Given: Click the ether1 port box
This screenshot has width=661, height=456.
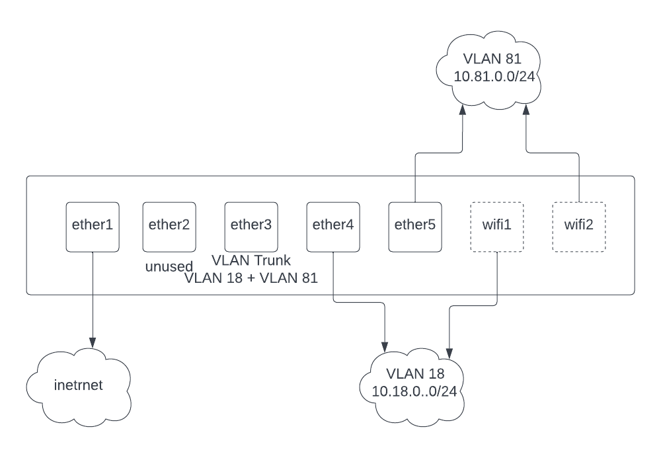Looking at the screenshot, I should coord(93,227).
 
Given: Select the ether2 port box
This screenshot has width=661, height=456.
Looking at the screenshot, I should coord(169,227).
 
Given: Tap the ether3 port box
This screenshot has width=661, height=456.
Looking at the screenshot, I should coord(251,227).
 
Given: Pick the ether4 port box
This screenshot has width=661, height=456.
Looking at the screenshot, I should coord(333,227).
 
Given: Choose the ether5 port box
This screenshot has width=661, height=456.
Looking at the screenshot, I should coord(415,227).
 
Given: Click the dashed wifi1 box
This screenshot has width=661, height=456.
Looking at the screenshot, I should coord(496,227).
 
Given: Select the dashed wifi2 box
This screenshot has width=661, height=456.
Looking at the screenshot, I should coord(578,227).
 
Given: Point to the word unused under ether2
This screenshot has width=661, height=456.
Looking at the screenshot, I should coord(169,267).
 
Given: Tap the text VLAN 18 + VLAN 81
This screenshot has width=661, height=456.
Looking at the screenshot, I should coord(251,278).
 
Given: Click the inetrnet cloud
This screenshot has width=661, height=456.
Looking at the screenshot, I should coord(79,386).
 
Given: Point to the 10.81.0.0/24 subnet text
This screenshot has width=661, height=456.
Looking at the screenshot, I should coord(494,77).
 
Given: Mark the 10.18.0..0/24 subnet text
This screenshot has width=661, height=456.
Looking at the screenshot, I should coord(414,391).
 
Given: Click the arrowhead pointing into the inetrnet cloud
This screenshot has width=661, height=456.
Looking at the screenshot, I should coord(93,343).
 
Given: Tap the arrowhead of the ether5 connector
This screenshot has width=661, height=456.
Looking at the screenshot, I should coord(463,111).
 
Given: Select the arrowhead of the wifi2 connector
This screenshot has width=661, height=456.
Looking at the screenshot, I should coord(526,111).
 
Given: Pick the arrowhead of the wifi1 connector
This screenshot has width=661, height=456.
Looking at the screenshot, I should coord(449,348).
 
